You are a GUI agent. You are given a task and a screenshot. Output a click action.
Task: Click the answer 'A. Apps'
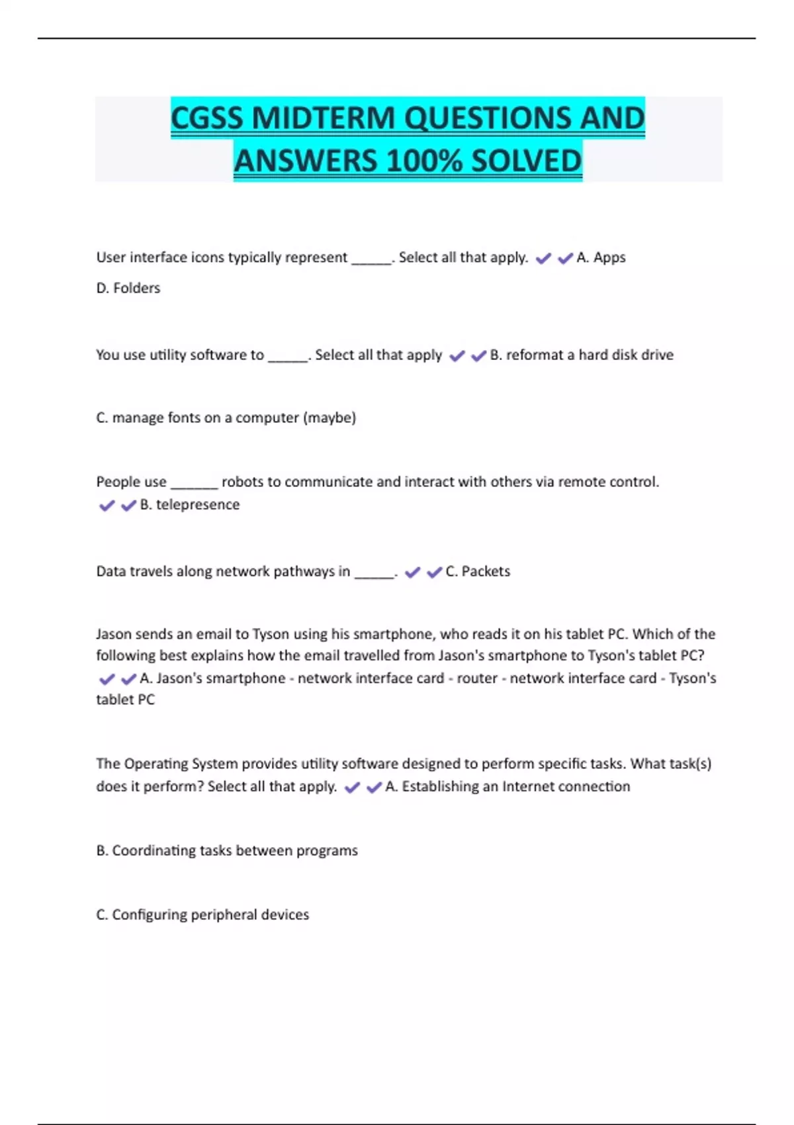601,257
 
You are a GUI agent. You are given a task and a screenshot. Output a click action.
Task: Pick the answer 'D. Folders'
128,288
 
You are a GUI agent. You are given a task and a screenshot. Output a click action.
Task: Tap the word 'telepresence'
198,504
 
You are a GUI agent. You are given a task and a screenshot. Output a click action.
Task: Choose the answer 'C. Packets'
478,571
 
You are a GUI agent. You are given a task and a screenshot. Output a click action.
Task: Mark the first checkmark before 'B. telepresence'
107,506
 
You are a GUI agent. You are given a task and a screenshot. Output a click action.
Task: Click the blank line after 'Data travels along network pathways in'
375,573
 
